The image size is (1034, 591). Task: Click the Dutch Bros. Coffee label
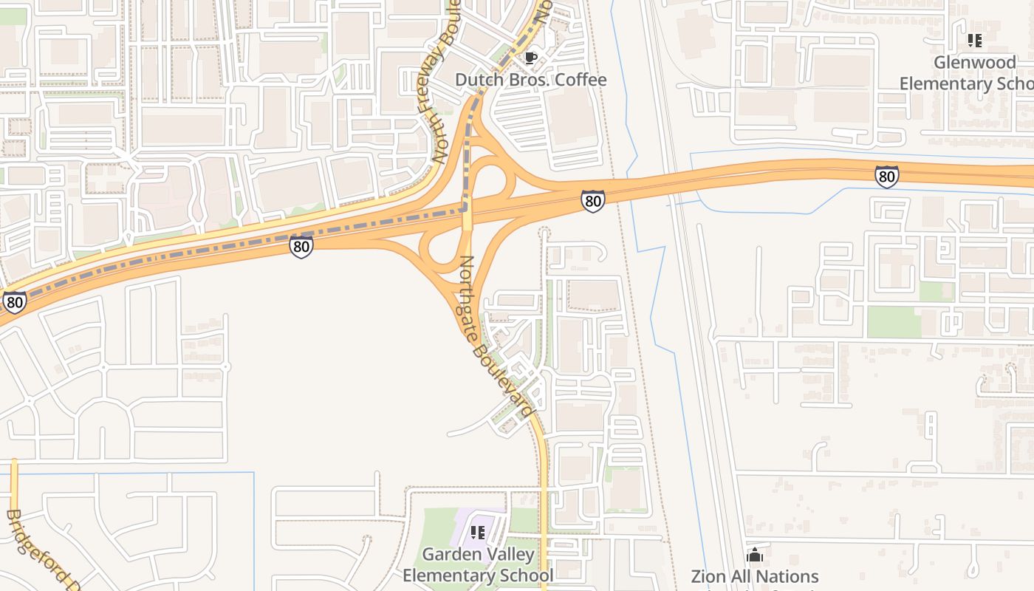click(530, 80)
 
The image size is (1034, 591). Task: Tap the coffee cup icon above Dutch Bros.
click(530, 58)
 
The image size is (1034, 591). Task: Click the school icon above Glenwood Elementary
click(975, 41)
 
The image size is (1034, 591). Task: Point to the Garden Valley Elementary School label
click(478, 564)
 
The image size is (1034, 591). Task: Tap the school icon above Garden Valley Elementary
click(478, 532)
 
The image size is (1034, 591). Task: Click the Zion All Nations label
click(754, 576)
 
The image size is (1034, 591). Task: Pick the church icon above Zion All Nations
click(755, 554)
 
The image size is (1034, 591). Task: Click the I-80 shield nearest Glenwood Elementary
click(886, 177)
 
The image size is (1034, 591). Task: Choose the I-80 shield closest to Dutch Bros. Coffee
click(592, 200)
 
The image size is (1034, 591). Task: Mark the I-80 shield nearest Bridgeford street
click(14, 301)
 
